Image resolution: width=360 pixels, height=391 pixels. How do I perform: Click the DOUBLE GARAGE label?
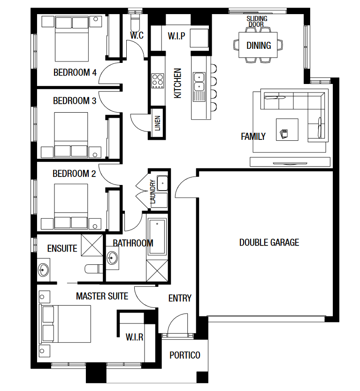click(269, 242)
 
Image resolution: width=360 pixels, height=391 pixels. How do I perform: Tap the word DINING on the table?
click(259, 46)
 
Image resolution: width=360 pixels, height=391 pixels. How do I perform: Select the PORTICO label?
click(185, 355)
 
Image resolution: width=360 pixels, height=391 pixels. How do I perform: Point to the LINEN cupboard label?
click(158, 123)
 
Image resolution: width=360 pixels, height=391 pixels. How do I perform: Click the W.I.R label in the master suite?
click(134, 337)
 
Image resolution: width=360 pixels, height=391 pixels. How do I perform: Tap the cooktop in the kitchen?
click(158, 81)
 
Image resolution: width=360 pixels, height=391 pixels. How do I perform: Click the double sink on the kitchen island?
click(199, 82)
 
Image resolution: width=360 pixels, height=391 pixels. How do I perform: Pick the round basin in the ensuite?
click(43, 270)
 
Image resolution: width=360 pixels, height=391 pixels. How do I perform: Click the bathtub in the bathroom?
click(157, 237)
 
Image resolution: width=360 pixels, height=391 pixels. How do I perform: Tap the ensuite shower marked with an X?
click(92, 245)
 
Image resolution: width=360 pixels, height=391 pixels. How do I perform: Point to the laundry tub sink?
click(162, 183)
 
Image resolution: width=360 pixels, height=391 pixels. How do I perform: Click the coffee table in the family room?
click(287, 130)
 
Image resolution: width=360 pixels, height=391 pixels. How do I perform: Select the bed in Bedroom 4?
click(71, 38)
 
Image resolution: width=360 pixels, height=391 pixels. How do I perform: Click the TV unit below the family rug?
click(290, 162)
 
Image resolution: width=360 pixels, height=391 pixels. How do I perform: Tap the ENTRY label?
click(180, 298)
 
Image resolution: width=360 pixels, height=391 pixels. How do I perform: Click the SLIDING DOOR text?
click(257, 22)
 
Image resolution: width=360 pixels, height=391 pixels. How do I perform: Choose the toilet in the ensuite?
click(93, 269)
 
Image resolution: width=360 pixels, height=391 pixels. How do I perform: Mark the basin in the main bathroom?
click(112, 258)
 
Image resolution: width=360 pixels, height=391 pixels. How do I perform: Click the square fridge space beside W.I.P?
click(199, 38)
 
